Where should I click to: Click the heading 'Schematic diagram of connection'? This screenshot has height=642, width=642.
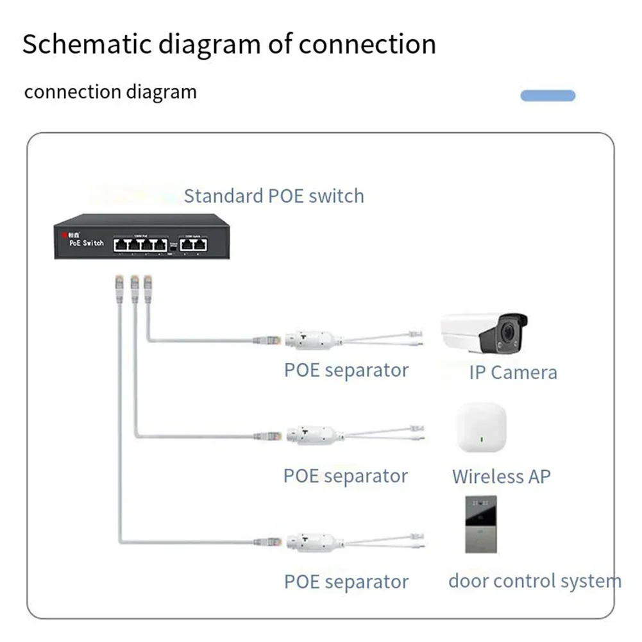click(x=229, y=44)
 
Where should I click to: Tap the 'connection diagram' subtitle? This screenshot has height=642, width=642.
click(x=110, y=92)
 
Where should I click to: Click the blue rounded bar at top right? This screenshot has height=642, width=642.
click(x=548, y=96)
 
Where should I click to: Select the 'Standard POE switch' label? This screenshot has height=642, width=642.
click(x=274, y=196)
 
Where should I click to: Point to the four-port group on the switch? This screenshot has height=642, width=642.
click(x=140, y=244)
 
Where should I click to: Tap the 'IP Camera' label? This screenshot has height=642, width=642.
click(x=513, y=373)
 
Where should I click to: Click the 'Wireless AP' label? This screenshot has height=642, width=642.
click(x=501, y=477)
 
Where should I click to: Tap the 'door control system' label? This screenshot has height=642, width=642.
click(x=534, y=582)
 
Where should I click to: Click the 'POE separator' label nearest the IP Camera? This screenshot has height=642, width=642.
click(x=346, y=370)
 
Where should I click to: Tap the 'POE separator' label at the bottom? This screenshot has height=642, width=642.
click(x=346, y=582)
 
